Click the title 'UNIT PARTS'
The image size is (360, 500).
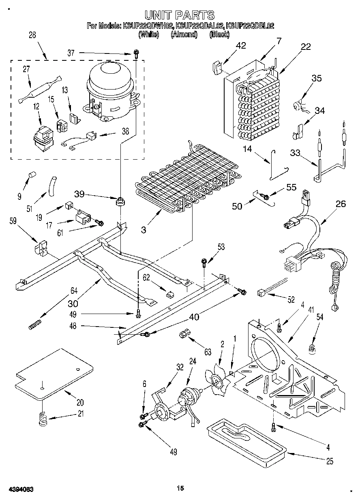180,15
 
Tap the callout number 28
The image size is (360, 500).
32,35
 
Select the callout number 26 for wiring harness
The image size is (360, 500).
341,204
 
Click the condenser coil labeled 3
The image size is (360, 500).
186,178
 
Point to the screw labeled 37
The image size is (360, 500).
137,53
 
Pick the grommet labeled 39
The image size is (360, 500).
120,201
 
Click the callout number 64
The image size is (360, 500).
74,290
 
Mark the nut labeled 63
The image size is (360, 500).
183,335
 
